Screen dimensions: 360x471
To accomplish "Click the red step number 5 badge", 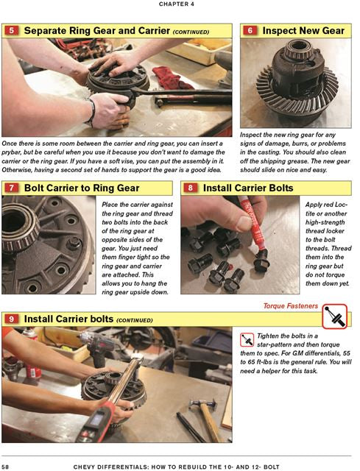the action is pyautogui.click(x=12, y=31).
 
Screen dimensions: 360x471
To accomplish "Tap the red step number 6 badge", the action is pyautogui.click(x=250, y=31).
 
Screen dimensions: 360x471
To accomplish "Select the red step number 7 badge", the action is pyautogui.click(x=12, y=188).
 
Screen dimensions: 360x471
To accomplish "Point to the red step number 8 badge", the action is pyautogui.click(x=190, y=188).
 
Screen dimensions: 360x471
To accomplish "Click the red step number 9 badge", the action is pyautogui.click(x=12, y=319).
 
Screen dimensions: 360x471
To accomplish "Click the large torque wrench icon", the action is pyautogui.click(x=335, y=316).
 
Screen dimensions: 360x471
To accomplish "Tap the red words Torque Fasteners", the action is pyautogui.click(x=291, y=306).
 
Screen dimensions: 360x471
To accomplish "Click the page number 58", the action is pyautogui.click(x=5, y=467).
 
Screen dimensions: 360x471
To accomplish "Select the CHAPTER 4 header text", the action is pyautogui.click(x=177, y=4).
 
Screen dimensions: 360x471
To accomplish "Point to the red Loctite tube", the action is pyautogui.click(x=253, y=223).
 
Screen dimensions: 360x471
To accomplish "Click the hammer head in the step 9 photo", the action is pyautogui.click(x=203, y=403).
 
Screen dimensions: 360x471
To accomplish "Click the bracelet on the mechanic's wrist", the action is pyautogui.click(x=91, y=113).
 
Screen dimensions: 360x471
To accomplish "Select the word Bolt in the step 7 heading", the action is pyautogui.click(x=34, y=188).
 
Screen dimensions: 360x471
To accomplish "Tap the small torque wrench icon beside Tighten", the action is pyautogui.click(x=247, y=340).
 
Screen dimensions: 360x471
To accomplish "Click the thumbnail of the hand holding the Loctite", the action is pyautogui.click(x=240, y=245).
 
